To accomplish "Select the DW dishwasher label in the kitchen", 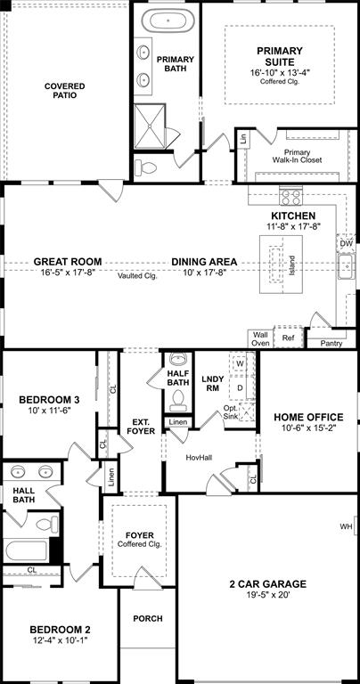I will click(x=346, y=242).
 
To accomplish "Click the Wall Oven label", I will click(x=260, y=338).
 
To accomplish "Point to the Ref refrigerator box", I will click(x=288, y=338).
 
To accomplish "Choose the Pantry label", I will click(x=331, y=342).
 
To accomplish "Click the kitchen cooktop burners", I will click(x=291, y=196).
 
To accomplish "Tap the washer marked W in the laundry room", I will click(x=239, y=364).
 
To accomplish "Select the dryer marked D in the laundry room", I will click(x=239, y=387).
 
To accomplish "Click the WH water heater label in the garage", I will click(x=347, y=526).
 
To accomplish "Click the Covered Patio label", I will click(x=65, y=91).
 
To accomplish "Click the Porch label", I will click(x=147, y=618).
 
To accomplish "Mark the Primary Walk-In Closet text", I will click(x=297, y=156).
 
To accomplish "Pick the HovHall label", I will click(x=199, y=458).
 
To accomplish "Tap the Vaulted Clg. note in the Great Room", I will click(x=137, y=276).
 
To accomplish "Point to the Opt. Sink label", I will click(x=233, y=412).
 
